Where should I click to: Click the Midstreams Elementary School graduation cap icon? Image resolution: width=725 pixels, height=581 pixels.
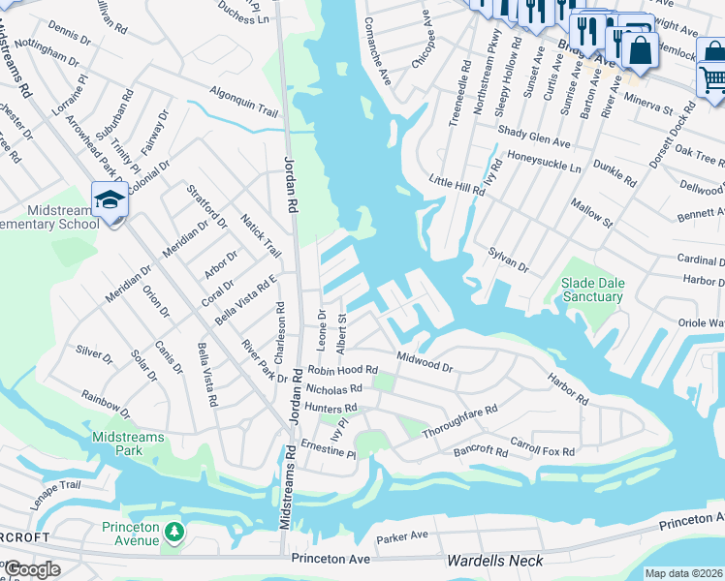(109, 200)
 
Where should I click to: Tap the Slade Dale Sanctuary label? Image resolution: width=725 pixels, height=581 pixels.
(590, 290)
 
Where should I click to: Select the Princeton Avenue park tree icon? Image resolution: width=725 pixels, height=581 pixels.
(173, 531)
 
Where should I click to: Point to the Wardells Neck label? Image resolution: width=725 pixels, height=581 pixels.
(493, 561)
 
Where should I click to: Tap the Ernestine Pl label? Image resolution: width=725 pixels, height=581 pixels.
(329, 449)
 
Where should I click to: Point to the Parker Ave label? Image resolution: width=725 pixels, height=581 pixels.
(402, 535)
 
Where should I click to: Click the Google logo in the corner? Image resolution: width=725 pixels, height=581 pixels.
(32, 569)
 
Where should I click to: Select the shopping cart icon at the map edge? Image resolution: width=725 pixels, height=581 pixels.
(712, 76)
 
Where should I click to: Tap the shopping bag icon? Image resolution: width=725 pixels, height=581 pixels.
(639, 47)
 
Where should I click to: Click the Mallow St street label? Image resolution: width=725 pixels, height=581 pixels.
(591, 210)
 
